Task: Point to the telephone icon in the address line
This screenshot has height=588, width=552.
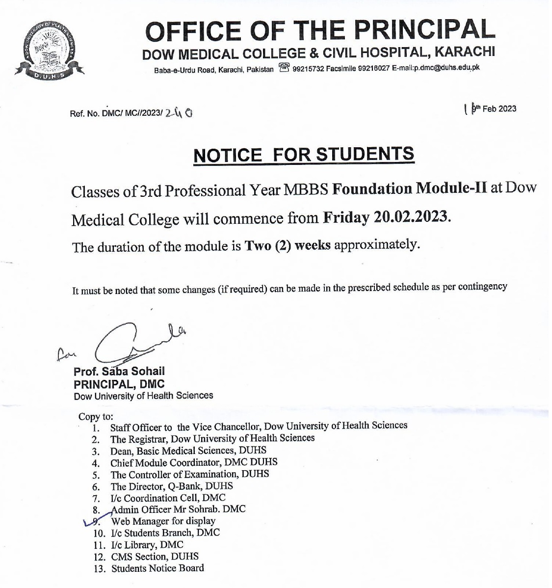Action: (283, 67)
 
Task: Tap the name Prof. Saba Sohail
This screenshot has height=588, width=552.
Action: (119, 372)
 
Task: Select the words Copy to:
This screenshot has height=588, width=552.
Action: (96, 417)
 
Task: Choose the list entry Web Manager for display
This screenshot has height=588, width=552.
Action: (163, 521)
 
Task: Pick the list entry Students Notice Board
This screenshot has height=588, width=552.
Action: (158, 568)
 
